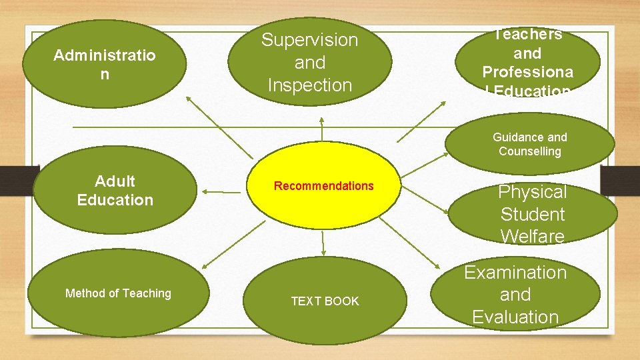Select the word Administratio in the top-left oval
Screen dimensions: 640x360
[104, 55]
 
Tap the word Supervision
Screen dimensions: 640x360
[309, 40]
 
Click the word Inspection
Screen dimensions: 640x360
[309, 85]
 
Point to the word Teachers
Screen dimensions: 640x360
[528, 35]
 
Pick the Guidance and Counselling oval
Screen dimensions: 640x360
[530, 144]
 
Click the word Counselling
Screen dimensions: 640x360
[530, 151]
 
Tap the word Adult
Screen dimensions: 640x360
[115, 181]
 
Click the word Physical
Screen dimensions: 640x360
[533, 192]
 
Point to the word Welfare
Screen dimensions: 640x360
[533, 236]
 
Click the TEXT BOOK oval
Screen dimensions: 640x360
[325, 301]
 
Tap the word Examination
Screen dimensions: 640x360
[515, 273]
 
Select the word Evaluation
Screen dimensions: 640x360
[515, 317]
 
